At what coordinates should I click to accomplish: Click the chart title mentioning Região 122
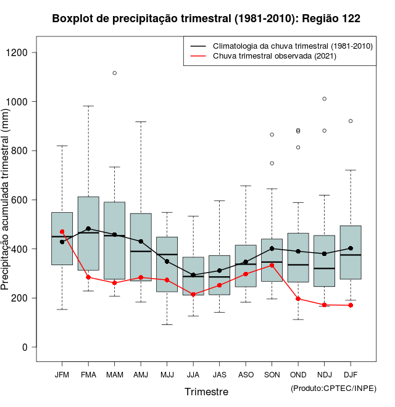point(206,19)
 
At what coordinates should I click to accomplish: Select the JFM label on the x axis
point(62,375)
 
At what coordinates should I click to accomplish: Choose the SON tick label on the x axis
point(272,375)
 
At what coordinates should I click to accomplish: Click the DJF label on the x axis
point(351,375)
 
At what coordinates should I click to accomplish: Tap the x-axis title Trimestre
point(206,392)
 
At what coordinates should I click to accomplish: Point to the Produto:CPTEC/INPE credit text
point(333,388)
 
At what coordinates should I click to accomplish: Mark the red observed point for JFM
point(62,232)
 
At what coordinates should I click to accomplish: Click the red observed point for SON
point(272,265)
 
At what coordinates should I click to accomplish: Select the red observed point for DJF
point(351,305)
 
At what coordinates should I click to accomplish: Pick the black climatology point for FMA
point(88,229)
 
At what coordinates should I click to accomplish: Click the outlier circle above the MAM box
point(114,73)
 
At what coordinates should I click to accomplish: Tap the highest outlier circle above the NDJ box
point(324,99)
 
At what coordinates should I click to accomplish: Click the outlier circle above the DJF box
point(351,121)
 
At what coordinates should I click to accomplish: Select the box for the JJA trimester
point(193,276)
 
